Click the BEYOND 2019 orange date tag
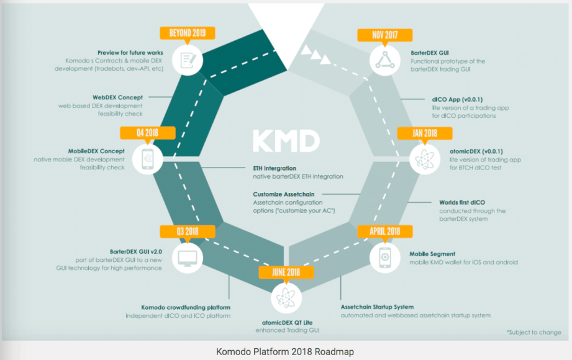187,33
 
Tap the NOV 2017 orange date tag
385,35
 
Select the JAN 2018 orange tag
425,133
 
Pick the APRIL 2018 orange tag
385,232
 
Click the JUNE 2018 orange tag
286,272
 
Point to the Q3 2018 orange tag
187,232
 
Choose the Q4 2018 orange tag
147,132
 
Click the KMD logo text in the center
286,141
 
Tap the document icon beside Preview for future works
188,60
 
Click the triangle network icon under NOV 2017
385,60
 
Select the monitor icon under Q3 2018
188,258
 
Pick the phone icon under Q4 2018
147,159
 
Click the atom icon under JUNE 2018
286,298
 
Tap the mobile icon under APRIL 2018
385,258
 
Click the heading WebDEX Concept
117,97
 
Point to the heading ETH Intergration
275,168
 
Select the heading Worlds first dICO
462,202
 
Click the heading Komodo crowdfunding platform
186,307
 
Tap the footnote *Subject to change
533,332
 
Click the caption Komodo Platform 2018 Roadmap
285,351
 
